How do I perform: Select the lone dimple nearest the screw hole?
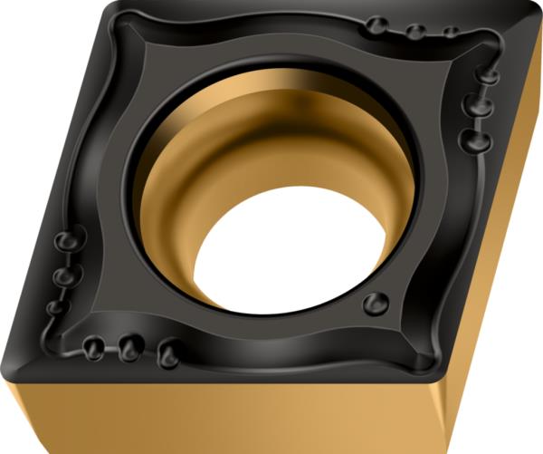(373, 304)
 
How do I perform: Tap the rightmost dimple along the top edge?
(450, 33)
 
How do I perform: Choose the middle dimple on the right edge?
(475, 106)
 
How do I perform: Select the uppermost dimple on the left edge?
(66, 243)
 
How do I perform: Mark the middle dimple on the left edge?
(62, 275)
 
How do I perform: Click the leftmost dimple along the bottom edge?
(92, 346)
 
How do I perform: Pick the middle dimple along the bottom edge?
(129, 346)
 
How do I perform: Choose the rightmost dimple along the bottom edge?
(167, 353)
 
